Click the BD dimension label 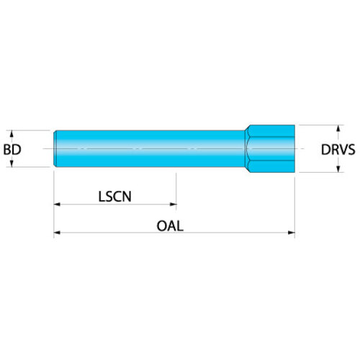[12, 150]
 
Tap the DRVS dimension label [338, 150]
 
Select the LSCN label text [115, 197]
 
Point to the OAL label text [170, 226]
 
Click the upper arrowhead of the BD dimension [12, 134]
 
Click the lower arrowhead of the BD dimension [12, 163]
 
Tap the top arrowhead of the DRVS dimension [338, 128]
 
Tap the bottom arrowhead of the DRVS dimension [338, 168]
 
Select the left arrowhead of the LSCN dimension [58, 204]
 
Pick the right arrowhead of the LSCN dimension [173, 204]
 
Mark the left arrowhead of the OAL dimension [58, 233]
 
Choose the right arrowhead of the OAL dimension [291, 233]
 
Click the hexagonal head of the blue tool [271, 148]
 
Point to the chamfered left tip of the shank [55, 148]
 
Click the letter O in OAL [162, 226]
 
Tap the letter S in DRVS [351, 150]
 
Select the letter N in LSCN [127, 197]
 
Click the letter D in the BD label [17, 150]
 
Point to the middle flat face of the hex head [271, 148]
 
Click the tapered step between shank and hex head [247, 148]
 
